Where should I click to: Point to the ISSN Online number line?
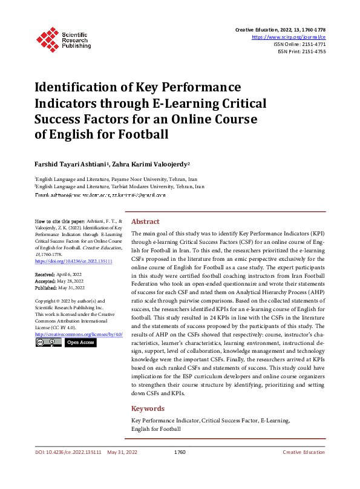(x=299, y=44)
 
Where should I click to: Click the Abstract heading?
(x=146, y=222)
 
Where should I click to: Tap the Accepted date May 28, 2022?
(x=63, y=281)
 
